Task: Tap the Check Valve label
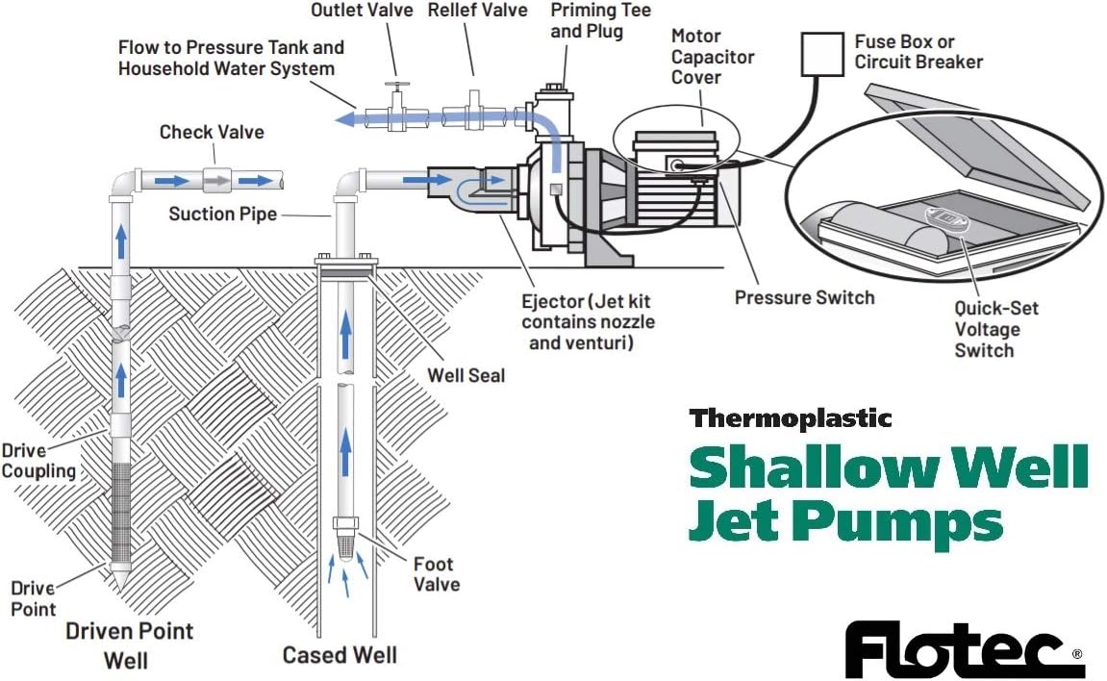pyautogui.click(x=212, y=132)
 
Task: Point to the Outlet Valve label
pyautogui.click(x=362, y=11)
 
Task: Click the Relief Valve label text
pyautogui.click(x=477, y=11)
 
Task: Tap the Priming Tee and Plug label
pyautogui.click(x=600, y=20)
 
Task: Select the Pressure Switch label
pyautogui.click(x=804, y=297)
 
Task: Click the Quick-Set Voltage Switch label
pyautogui.click(x=995, y=329)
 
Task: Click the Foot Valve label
pyautogui.click(x=436, y=574)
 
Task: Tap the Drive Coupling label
pyautogui.click(x=38, y=460)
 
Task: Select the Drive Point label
pyautogui.click(x=33, y=598)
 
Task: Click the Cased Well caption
pyautogui.click(x=339, y=655)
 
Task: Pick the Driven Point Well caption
pyautogui.click(x=129, y=645)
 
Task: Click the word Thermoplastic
pyautogui.click(x=790, y=418)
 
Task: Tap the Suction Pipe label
pyautogui.click(x=222, y=214)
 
